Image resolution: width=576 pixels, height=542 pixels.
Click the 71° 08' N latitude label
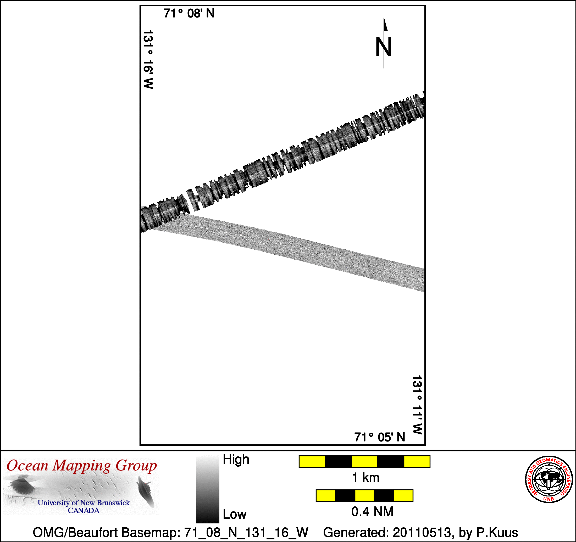pos(189,13)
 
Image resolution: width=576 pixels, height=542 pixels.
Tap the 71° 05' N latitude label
pos(380,437)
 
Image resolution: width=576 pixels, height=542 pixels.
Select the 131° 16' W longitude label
pos(148,59)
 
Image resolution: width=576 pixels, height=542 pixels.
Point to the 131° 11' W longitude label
pos(417,405)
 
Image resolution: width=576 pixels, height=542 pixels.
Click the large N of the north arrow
pos(384,46)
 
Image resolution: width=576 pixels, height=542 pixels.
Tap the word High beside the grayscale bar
pos(236,460)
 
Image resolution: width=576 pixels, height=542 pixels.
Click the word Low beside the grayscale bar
pos(234,515)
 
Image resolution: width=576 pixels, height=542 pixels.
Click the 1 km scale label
pos(365,478)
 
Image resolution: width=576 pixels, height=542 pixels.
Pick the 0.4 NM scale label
pos(372,512)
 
